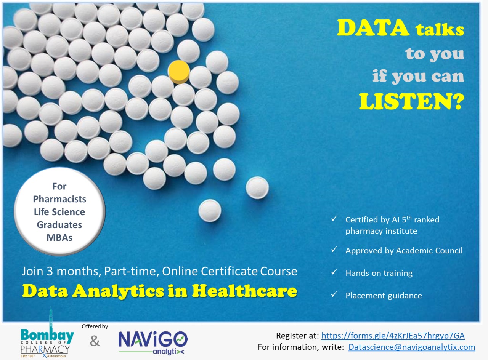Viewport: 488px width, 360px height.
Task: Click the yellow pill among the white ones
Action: point(179,72)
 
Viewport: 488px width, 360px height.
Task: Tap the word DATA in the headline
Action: point(373,28)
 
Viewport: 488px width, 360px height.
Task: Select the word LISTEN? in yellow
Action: point(412,101)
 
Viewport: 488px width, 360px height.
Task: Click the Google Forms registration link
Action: point(393,336)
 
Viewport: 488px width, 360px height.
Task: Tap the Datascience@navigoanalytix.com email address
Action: point(412,347)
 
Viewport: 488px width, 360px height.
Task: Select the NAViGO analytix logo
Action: point(153,343)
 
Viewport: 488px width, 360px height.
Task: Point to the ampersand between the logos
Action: point(95,341)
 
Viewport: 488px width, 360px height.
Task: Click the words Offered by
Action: point(95,326)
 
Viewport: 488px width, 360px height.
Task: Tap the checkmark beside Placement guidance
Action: point(334,294)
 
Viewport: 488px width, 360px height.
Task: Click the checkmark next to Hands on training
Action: point(334,272)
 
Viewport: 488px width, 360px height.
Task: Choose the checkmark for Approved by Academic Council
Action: point(334,249)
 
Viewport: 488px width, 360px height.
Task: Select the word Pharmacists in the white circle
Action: point(59,199)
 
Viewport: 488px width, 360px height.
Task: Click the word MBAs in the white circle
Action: point(59,238)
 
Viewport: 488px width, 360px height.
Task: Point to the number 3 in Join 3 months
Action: point(50,271)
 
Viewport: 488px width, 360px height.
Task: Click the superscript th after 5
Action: point(409,218)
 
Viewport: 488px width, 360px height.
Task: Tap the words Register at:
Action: point(297,336)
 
